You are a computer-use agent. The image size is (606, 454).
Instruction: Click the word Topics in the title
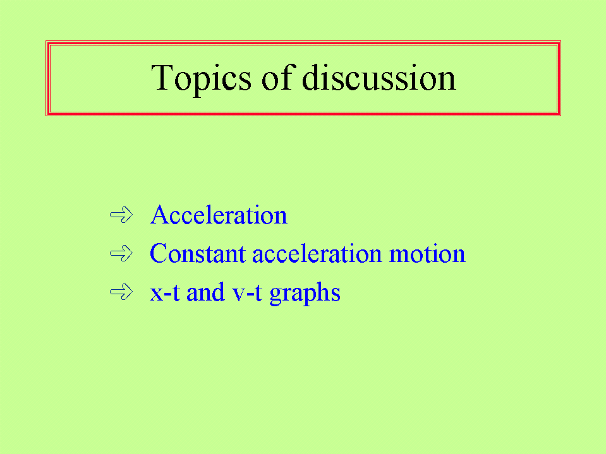click(x=201, y=79)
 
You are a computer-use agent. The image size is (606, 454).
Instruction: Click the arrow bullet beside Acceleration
click(x=121, y=215)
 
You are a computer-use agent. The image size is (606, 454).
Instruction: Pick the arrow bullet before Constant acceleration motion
click(x=121, y=254)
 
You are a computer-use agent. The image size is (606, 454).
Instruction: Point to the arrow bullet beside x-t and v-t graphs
click(x=121, y=292)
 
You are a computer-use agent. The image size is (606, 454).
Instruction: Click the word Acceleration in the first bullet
click(x=219, y=215)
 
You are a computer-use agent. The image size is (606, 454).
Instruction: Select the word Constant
click(x=198, y=253)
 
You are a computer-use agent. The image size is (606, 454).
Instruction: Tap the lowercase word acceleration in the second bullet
click(x=317, y=253)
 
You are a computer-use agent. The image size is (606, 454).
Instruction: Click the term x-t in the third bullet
click(x=165, y=292)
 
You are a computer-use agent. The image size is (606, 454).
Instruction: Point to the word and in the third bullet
click(x=205, y=292)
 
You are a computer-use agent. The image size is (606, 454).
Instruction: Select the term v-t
click(x=247, y=292)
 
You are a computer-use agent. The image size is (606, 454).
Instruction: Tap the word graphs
click(x=305, y=294)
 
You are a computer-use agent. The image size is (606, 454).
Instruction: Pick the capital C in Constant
click(x=159, y=253)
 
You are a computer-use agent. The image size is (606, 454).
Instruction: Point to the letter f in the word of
click(x=289, y=77)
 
